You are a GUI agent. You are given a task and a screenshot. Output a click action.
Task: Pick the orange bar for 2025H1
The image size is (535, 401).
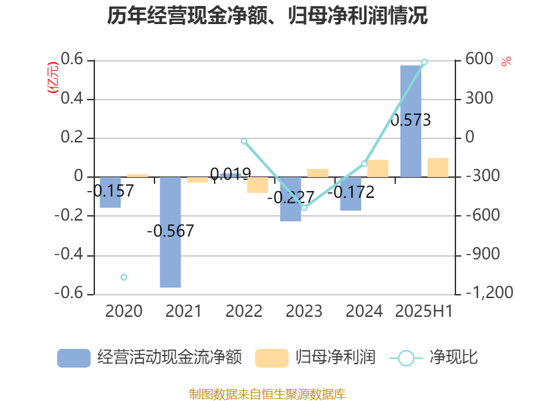point(438,168)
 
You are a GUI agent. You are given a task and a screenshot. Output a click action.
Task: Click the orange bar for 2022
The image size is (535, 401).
point(257,185)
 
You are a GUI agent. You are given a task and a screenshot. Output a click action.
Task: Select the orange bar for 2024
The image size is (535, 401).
point(378,168)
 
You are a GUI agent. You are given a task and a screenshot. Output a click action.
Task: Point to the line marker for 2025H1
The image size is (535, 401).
point(424,62)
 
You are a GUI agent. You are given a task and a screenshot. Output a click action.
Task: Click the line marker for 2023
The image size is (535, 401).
point(304,208)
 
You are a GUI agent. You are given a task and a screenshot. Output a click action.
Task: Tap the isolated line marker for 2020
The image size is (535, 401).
point(124,277)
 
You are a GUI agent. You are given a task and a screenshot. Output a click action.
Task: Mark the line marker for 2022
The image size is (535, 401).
point(244,142)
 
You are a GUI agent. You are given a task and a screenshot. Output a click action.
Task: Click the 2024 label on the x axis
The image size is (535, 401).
point(364,311)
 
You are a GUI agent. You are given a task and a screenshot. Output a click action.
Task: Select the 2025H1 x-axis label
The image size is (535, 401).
point(424,311)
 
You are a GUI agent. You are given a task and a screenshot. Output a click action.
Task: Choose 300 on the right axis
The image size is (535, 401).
point(480,99)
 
